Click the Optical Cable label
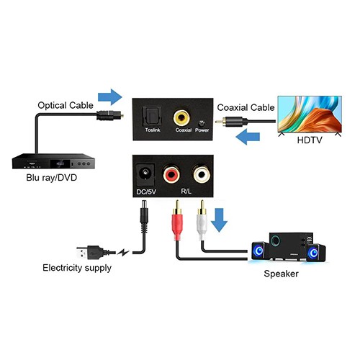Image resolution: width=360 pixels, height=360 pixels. [66, 105]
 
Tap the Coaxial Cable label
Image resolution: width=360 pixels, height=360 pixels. [246, 107]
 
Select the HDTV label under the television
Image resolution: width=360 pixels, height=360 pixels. [310, 141]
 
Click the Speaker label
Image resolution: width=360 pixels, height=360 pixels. [282, 274]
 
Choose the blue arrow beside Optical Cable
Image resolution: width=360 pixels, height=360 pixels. [109, 96]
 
